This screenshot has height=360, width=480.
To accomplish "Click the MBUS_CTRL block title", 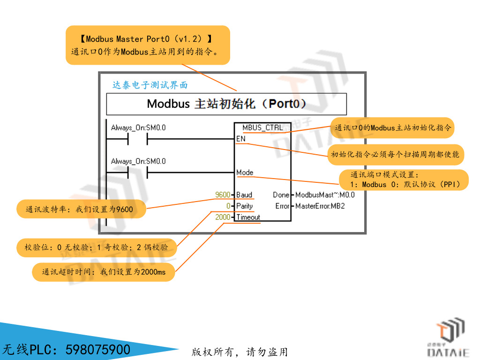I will [262, 127].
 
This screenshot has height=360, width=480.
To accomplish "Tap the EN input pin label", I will [240, 139].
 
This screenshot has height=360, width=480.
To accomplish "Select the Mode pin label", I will [245, 172].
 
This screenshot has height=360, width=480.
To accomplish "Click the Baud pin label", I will [244, 195].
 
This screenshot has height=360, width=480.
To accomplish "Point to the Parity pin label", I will [244, 206].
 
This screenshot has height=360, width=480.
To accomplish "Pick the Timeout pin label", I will [248, 217].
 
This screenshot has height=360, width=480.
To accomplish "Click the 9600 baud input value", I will [223, 195].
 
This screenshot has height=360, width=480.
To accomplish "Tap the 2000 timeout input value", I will [223, 217].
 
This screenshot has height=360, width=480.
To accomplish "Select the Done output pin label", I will [281, 195].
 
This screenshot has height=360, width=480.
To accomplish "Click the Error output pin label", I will [282, 206].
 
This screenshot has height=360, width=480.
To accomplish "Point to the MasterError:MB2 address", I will [320, 206].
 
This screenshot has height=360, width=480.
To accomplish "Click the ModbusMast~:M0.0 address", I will [325, 195].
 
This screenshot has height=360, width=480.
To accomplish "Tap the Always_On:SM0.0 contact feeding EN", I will [137, 139].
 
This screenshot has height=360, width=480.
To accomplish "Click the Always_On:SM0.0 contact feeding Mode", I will [137, 173].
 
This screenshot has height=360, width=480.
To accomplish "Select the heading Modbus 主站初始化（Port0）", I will [226, 104].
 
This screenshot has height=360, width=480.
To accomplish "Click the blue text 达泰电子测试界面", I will [150, 85].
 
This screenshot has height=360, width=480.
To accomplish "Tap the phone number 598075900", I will [98, 350].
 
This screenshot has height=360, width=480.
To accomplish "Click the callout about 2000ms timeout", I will [104, 272].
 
